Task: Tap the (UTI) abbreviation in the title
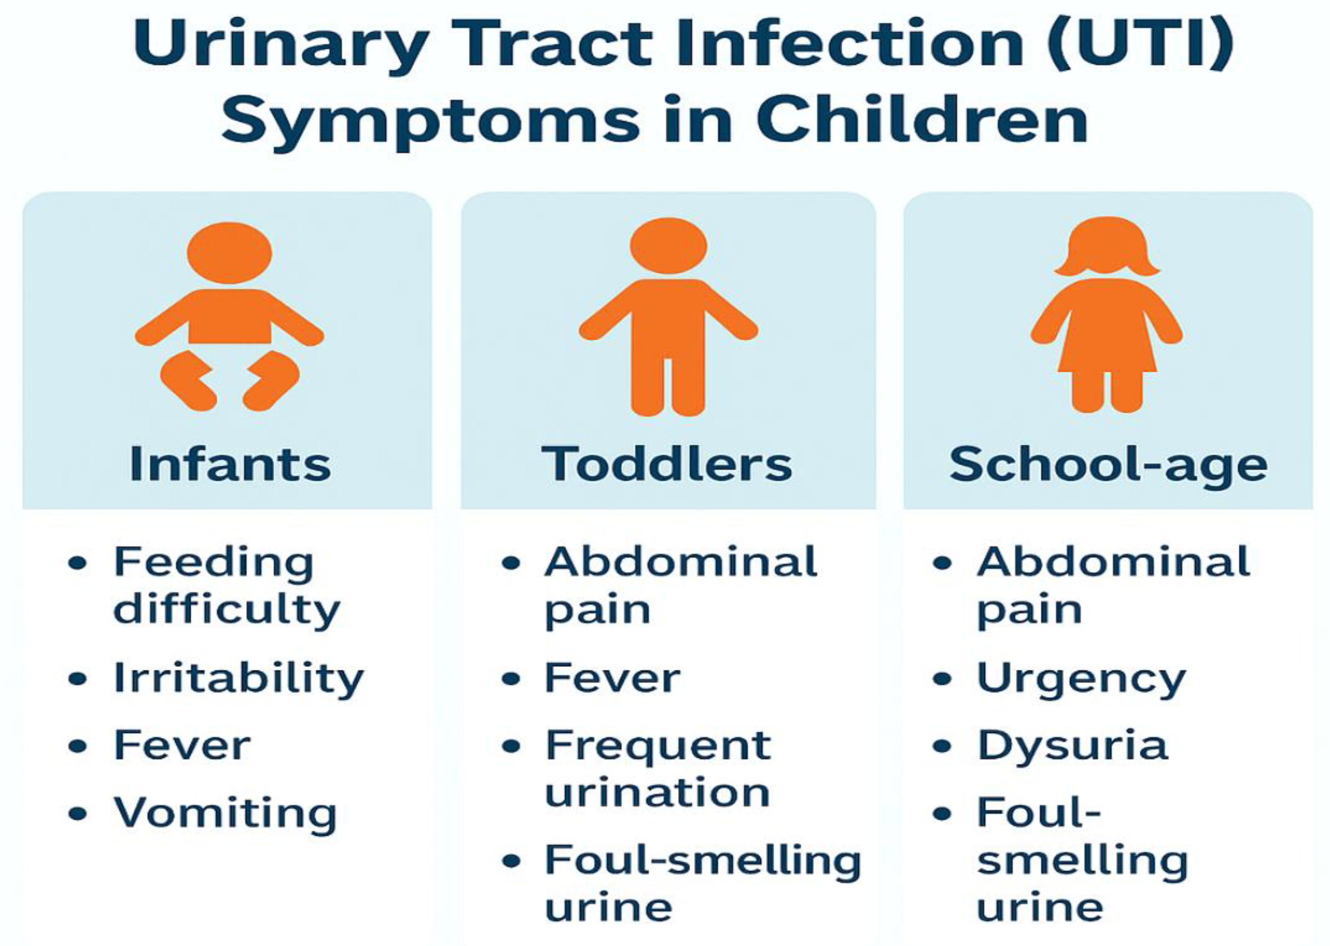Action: pos(1140,44)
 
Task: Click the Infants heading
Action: pos(230,464)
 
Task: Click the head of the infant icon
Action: pos(230,253)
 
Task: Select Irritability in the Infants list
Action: pos(239,680)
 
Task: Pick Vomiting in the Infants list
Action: pos(225,814)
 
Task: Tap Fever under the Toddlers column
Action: pos(613,678)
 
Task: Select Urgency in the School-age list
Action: pos(1082,680)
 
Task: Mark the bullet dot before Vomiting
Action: pos(78,814)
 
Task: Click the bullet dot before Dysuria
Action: pos(942,746)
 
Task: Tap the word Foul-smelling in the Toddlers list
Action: pos(703,862)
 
